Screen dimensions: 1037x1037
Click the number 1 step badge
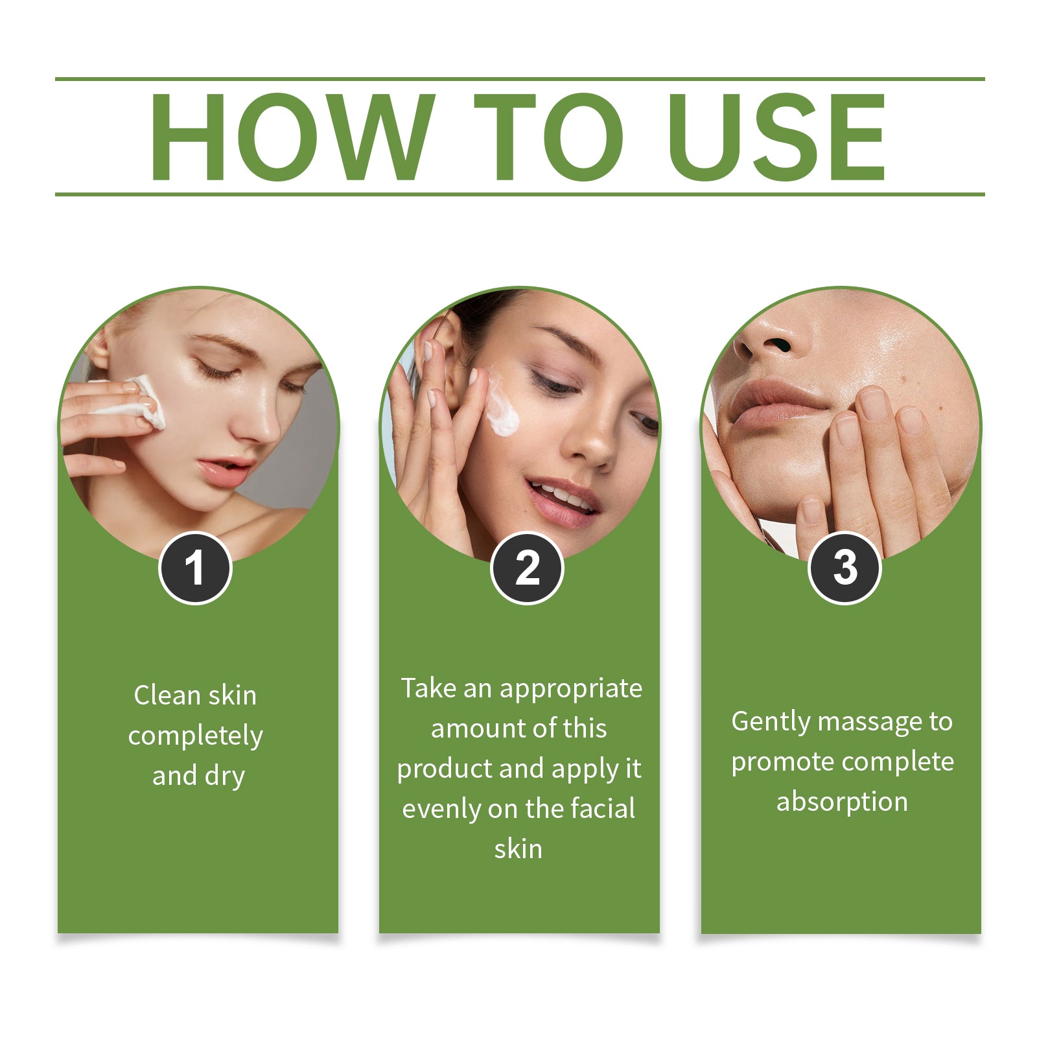195,568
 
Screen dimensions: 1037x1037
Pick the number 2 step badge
527,568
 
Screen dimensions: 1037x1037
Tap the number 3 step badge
845,568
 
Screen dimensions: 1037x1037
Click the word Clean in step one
167,695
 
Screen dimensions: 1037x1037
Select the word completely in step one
195,736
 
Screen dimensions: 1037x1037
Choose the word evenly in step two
441,809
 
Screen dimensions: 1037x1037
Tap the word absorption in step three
842,802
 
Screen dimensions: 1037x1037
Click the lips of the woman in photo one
224,471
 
